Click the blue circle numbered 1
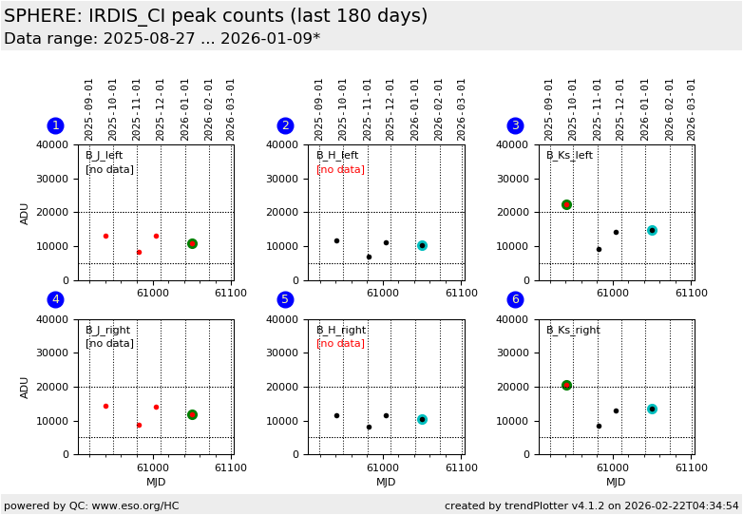click(x=55, y=125)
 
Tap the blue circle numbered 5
click(x=285, y=299)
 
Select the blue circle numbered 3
click(x=515, y=125)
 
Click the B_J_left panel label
click(x=104, y=156)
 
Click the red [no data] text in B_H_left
click(x=340, y=170)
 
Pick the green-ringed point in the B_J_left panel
click(x=192, y=244)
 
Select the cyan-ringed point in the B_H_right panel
click(x=422, y=419)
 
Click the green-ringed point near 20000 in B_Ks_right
click(x=566, y=385)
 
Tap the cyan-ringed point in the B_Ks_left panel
click(x=652, y=230)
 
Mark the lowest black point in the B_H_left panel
click(x=369, y=257)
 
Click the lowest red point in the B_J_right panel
click(x=139, y=425)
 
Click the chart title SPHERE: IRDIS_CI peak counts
click(x=216, y=16)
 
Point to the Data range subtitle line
click(x=162, y=39)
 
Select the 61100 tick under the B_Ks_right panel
click(x=691, y=467)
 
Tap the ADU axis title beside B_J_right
click(x=26, y=387)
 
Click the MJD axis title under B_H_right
click(x=386, y=483)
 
